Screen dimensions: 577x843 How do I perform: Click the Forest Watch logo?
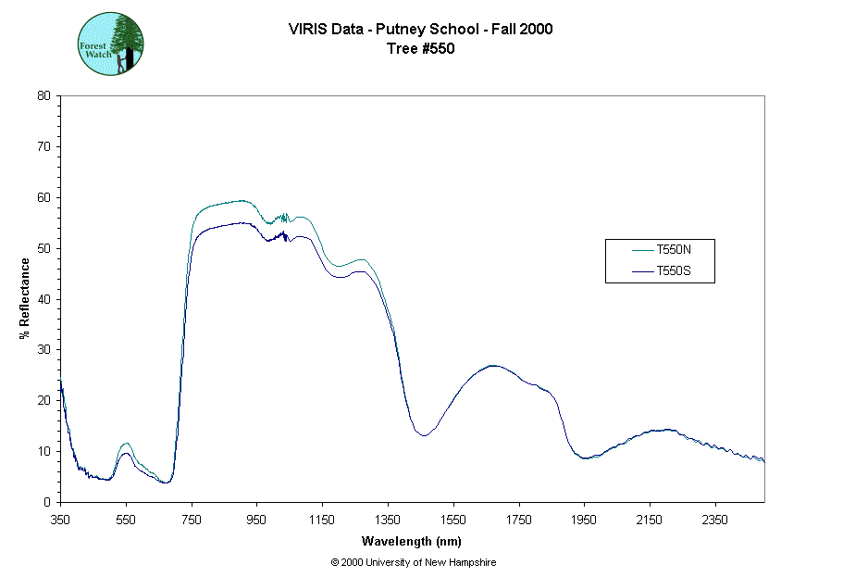[x=110, y=44]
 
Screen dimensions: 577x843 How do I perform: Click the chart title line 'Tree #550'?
[x=421, y=49]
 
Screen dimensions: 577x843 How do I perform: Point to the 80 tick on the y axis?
[x=43, y=95]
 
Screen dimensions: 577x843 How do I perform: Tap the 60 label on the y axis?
[x=43, y=197]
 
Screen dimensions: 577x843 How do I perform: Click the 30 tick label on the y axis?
[x=43, y=350]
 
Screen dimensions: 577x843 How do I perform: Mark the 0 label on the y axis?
[x=47, y=502]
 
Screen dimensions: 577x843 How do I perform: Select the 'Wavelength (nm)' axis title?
[x=412, y=542]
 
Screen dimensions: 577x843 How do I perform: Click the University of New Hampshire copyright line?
[x=413, y=562]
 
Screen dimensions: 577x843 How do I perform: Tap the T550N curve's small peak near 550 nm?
[x=126, y=444]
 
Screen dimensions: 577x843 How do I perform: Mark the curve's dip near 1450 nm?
[x=423, y=435]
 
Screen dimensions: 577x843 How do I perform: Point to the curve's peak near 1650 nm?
[x=492, y=366]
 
